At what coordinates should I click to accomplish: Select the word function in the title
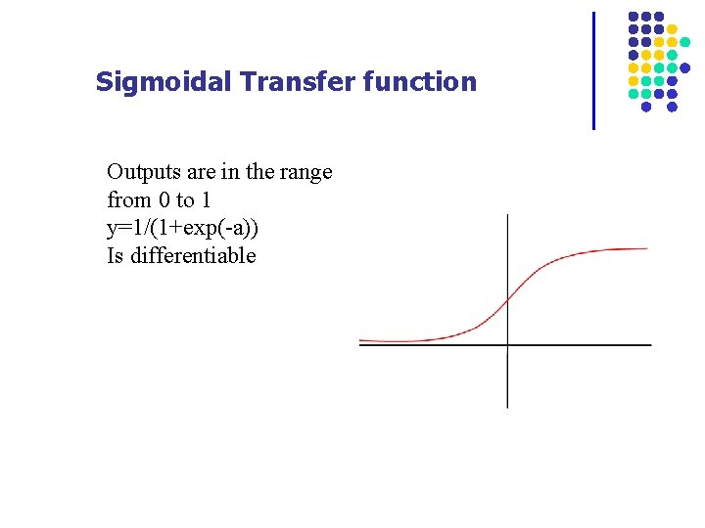pyautogui.click(x=419, y=82)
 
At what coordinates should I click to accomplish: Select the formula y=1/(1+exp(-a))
pyautogui.click(x=183, y=229)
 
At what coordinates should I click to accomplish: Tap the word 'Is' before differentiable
pyautogui.click(x=117, y=256)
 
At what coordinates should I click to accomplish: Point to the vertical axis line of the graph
pyautogui.click(x=507, y=381)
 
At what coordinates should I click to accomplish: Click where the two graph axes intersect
pyautogui.click(x=507, y=344)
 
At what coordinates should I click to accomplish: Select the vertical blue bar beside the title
pyautogui.click(x=593, y=70)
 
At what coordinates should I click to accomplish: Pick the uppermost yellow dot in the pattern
pyautogui.click(x=672, y=29)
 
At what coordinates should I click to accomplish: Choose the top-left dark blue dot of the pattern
pyautogui.click(x=634, y=17)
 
